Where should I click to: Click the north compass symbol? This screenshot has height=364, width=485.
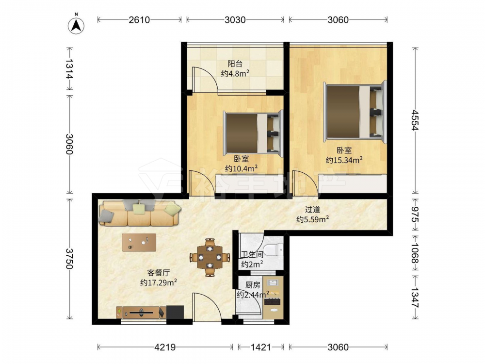(x=76, y=24)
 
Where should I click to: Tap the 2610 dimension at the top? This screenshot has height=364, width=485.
(x=139, y=20)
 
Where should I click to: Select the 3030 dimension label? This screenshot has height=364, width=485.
(x=235, y=20)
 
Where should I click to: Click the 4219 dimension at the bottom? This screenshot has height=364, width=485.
(x=165, y=347)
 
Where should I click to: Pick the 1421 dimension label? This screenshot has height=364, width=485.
(x=261, y=347)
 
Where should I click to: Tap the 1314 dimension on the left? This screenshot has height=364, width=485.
(x=69, y=68)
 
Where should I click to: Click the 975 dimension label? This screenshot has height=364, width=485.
(x=415, y=215)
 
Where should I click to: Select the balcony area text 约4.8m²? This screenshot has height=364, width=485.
(x=235, y=74)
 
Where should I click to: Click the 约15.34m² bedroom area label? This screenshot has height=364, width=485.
(x=344, y=160)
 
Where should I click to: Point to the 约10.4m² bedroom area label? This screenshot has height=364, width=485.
(x=241, y=168)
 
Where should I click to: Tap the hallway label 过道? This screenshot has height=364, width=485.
(x=312, y=210)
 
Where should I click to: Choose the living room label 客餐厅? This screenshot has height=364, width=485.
(x=158, y=273)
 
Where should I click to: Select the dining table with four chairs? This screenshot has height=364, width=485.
(x=210, y=257)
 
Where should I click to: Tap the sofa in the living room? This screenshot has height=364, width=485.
(x=140, y=213)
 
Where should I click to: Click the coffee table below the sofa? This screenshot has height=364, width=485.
(x=139, y=242)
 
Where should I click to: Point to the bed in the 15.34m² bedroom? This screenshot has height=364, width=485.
(x=355, y=112)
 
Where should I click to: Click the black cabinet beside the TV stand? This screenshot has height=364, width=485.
(x=175, y=312)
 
